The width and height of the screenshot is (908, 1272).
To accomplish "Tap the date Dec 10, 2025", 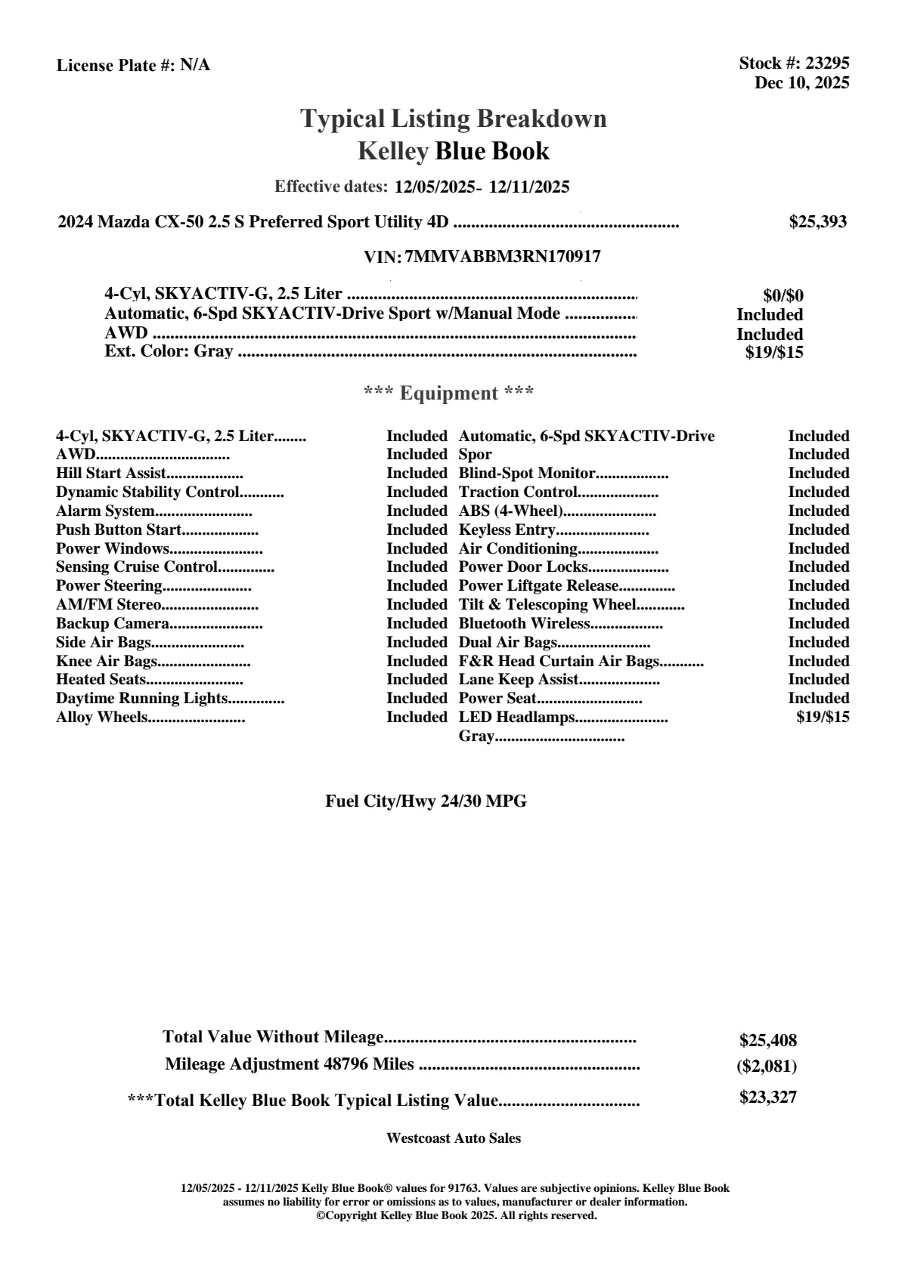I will click(x=801, y=82).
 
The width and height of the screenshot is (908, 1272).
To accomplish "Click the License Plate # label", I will click(x=116, y=66).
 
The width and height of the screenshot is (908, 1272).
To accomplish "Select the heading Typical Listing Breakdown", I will click(x=454, y=119).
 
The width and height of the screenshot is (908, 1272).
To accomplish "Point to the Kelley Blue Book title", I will click(x=454, y=151).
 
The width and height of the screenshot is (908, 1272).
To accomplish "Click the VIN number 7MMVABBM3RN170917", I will click(x=503, y=257).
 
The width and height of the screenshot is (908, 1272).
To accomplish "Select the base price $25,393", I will click(x=817, y=221).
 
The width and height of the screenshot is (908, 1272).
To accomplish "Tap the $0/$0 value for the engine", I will click(x=782, y=295).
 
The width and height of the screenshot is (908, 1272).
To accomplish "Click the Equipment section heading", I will click(x=449, y=393).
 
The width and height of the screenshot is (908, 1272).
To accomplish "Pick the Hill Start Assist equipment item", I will click(x=110, y=474).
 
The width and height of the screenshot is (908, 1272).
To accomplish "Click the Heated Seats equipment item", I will click(x=101, y=679).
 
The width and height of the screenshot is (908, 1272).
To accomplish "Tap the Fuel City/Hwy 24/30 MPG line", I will click(x=426, y=801).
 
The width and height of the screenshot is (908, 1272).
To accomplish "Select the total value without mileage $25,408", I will click(x=767, y=1040).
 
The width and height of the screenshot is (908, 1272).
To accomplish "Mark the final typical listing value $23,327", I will click(x=767, y=1098).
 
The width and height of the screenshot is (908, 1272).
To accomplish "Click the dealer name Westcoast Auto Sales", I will click(x=453, y=1138).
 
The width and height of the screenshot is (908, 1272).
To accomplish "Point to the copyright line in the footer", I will click(x=456, y=1215).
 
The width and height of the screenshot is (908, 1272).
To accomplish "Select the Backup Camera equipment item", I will click(x=112, y=623).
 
